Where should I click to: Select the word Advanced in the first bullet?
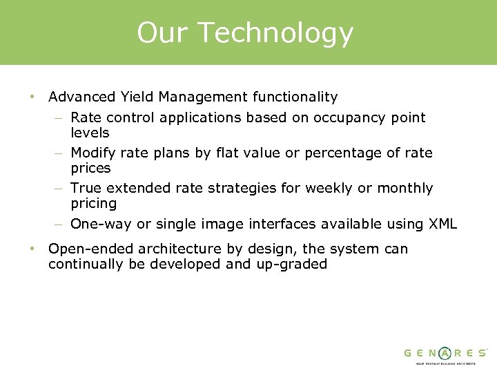[79, 97]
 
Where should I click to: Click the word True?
[85, 188]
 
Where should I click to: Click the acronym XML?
[442, 224]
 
